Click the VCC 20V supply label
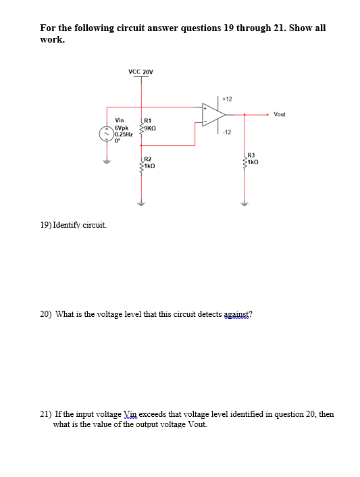coord(140,71)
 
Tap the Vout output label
coord(280,114)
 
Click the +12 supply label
coord(227,99)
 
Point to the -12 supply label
coord(226,132)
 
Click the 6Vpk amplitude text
coord(122,127)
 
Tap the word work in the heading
coord(52,39)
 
